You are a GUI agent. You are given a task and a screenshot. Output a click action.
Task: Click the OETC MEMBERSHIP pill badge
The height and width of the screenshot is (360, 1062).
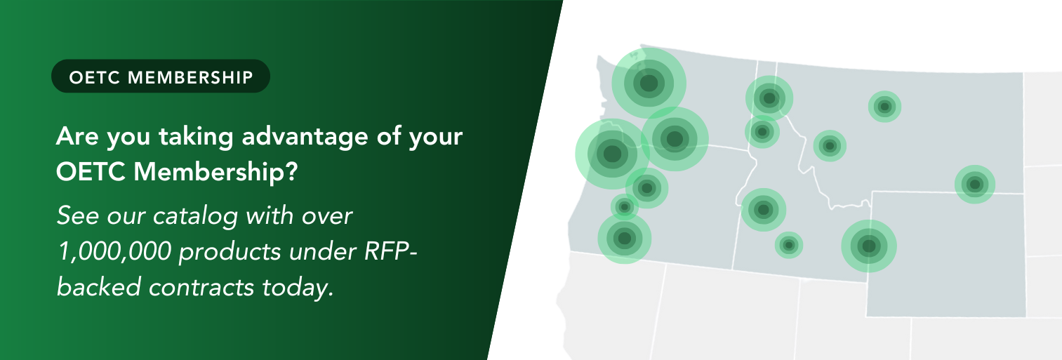click(161, 76)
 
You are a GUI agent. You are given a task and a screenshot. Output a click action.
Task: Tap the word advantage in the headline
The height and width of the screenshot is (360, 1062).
click(305, 137)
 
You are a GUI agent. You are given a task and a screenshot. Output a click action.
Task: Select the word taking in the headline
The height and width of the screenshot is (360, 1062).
click(196, 137)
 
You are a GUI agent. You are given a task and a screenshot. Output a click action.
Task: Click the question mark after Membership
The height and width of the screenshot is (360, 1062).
click(291, 171)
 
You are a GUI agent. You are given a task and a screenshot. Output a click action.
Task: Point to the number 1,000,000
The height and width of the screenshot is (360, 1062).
click(114, 251)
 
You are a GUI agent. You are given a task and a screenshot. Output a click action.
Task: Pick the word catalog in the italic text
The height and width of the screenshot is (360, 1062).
click(195, 216)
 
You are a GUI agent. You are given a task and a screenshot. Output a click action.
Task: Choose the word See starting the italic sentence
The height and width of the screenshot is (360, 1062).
click(78, 216)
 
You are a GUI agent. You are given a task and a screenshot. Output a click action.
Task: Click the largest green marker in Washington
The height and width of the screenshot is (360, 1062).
click(649, 84)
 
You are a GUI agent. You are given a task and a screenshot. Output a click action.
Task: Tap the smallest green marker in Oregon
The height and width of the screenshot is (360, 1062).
click(625, 207)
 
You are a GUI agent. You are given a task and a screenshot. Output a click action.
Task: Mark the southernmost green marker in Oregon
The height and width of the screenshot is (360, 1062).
click(625, 238)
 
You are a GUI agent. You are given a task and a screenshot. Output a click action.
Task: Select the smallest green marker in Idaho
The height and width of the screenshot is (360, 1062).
click(788, 245)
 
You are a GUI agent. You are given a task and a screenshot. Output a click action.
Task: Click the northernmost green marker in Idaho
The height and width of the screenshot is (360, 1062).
click(769, 98)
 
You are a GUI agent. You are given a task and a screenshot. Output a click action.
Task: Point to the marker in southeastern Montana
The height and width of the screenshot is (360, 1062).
click(975, 185)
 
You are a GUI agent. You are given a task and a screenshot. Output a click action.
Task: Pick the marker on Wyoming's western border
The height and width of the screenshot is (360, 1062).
click(868, 246)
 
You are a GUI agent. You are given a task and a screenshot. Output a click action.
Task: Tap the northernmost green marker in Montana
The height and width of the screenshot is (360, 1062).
click(884, 107)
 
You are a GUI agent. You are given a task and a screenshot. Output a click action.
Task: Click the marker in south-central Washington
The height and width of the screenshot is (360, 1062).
click(675, 139)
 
